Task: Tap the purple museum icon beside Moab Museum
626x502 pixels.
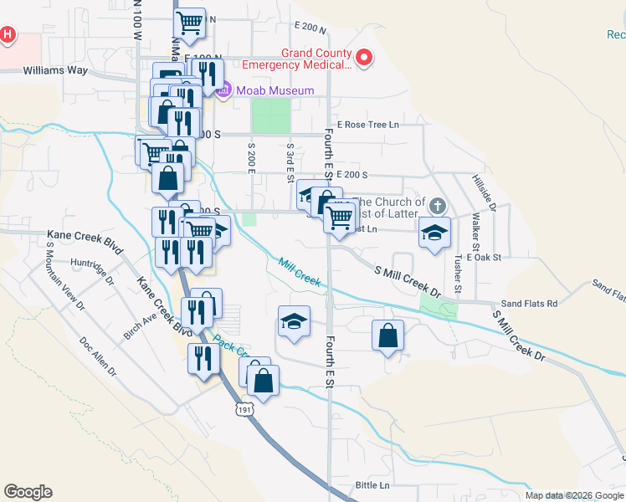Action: click(223, 90)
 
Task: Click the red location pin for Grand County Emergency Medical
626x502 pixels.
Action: click(364, 58)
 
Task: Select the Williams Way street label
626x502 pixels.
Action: click(55, 70)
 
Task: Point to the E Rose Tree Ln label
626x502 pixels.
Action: click(367, 125)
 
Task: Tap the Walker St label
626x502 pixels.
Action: click(475, 232)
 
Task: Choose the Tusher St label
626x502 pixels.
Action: click(457, 274)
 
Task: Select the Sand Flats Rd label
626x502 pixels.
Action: click(528, 304)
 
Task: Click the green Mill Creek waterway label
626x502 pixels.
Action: click(300, 274)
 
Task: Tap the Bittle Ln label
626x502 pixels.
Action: click(372, 485)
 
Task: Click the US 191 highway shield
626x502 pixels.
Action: click(243, 409)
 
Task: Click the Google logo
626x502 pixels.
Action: click(28, 492)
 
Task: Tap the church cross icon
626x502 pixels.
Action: click(437, 205)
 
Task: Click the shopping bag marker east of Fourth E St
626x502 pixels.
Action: click(387, 336)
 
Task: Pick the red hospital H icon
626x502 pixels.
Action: click(8, 35)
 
